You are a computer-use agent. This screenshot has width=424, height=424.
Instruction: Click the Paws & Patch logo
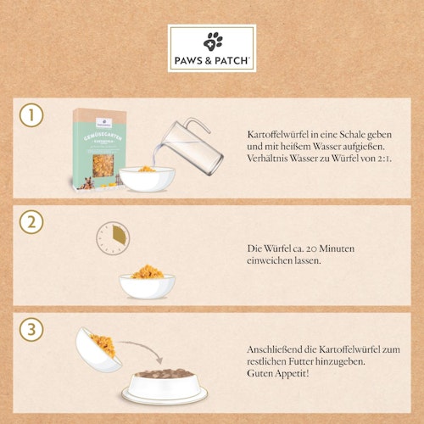click(211, 48)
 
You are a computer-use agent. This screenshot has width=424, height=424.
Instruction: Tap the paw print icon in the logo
click(212, 40)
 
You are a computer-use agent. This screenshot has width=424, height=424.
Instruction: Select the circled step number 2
click(31, 223)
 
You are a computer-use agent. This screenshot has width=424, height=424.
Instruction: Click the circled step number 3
click(31, 327)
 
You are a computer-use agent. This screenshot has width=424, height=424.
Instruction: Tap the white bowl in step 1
click(147, 177)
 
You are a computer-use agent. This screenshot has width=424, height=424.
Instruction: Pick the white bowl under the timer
click(147, 282)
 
